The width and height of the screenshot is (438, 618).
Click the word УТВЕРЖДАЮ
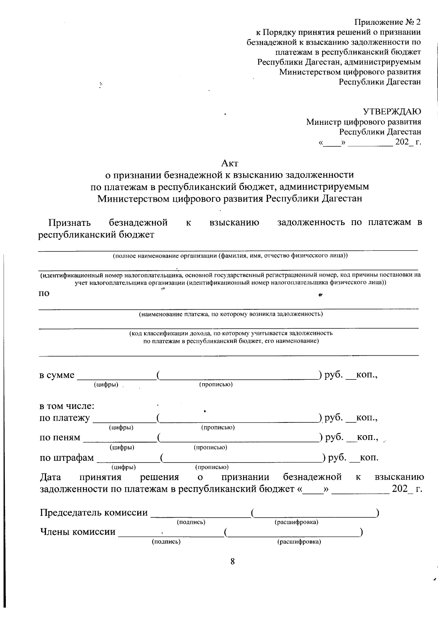pos(391,111)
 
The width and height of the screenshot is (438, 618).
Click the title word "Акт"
pos(230,163)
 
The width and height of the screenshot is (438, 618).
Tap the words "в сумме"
pos(57,375)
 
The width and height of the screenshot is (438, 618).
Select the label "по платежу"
pos(64,418)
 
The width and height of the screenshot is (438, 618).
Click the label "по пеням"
pos(59,437)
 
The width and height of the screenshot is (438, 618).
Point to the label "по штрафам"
pos(66,457)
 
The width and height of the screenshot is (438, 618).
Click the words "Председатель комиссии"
pos(94,513)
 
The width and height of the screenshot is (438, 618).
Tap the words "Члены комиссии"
pos(77,532)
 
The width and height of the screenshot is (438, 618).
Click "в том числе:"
pos(67,406)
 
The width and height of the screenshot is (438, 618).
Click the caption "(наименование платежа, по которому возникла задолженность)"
pos(231,314)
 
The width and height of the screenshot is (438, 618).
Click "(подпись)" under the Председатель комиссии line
pos(191,522)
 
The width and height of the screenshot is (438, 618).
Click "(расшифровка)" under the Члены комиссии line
pos(299,542)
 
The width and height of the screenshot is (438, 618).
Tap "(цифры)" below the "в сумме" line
pos(106,385)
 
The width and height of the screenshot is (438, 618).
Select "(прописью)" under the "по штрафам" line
pos(212,467)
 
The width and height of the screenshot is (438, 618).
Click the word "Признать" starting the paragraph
pos(69,222)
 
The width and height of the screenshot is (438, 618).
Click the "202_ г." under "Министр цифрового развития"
pos(408,142)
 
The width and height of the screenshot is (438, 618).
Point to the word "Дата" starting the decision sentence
pos(50,477)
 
